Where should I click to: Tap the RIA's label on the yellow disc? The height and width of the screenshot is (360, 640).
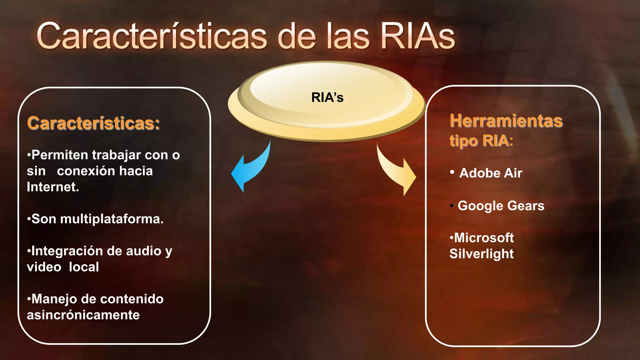(x=327, y=97)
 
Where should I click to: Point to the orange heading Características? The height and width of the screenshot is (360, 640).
(x=93, y=123)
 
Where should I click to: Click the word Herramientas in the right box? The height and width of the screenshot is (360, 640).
(x=506, y=121)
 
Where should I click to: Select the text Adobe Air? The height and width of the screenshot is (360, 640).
(x=491, y=173)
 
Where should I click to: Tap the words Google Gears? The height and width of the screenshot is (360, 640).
(x=501, y=206)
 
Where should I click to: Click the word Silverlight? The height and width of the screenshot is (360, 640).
(x=481, y=254)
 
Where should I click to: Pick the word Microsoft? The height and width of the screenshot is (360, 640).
(x=484, y=238)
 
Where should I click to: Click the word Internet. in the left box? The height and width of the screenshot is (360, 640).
(x=53, y=187)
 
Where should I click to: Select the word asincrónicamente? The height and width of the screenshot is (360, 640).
(x=83, y=315)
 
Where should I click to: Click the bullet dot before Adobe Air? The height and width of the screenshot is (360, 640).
(x=452, y=172)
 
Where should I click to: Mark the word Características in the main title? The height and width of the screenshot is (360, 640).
(x=152, y=37)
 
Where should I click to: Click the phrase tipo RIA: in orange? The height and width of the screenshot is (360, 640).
(x=481, y=141)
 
